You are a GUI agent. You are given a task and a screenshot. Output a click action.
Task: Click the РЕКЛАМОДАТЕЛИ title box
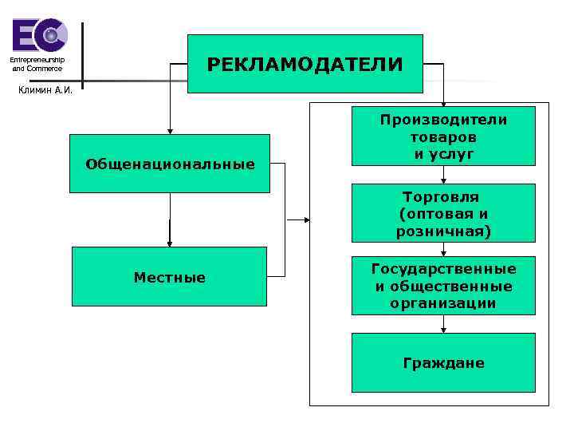coord(305,64)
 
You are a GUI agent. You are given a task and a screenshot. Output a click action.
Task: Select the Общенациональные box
coord(170,164)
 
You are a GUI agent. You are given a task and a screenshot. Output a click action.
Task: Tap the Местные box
coord(169,276)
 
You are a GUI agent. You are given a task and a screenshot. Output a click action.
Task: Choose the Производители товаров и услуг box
coord(443,136)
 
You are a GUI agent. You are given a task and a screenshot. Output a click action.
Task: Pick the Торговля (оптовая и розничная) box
coord(443,214)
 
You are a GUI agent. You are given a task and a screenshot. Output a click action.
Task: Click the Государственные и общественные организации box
coord(443,286)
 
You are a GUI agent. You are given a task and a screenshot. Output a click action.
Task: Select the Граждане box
coord(443,362)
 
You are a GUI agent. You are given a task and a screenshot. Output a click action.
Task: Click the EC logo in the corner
coord(39,35)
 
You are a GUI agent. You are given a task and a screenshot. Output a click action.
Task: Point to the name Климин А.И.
coord(45,89)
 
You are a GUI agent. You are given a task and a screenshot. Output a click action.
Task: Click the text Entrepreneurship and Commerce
coord(37,65)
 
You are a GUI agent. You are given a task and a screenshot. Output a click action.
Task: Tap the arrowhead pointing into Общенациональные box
coord(170,130)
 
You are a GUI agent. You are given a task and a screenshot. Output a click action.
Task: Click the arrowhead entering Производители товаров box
coord(444,103)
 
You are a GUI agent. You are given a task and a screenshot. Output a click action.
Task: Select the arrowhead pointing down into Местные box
coord(170,243)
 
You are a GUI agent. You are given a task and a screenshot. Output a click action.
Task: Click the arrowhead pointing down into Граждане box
coord(444,329)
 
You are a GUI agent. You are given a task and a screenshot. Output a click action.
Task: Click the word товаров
coord(443,136)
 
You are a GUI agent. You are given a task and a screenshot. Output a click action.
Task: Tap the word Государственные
coord(443,269)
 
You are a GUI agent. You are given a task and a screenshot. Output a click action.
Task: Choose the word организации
coord(443,303)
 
